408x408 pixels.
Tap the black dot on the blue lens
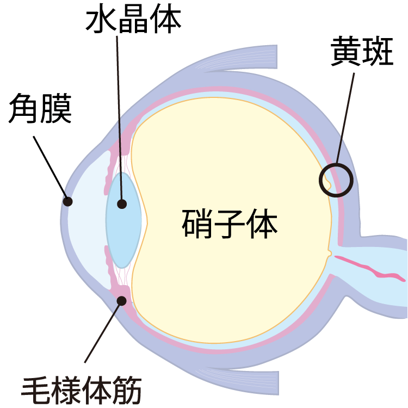(122, 205)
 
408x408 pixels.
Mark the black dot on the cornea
(67, 201)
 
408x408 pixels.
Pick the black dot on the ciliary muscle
(122, 299)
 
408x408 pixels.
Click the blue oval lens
(125, 228)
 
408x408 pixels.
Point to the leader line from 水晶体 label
(119, 109)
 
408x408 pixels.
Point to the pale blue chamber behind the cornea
(87, 218)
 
